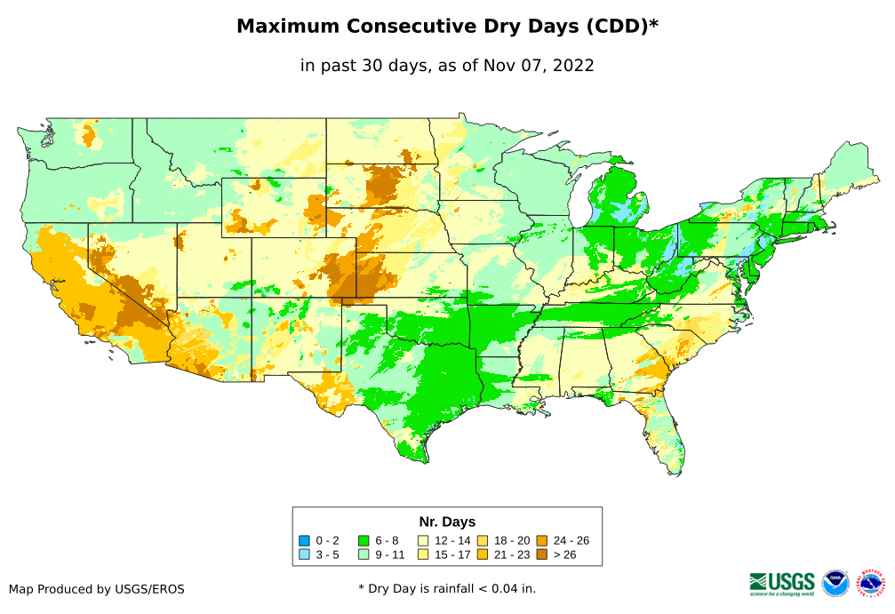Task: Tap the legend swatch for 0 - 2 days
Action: click(x=304, y=540)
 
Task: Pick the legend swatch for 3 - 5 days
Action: click(x=304, y=554)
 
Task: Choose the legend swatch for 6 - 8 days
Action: click(x=364, y=540)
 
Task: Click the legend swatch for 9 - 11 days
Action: click(x=364, y=554)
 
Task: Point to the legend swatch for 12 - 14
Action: click(x=424, y=540)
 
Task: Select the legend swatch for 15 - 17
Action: click(x=424, y=554)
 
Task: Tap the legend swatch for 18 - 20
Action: click(x=483, y=540)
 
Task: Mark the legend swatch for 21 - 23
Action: click(x=483, y=554)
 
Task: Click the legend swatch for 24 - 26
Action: click(x=542, y=540)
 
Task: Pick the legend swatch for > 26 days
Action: click(x=542, y=554)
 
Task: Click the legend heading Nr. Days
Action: click(x=447, y=522)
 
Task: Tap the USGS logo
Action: click(x=782, y=582)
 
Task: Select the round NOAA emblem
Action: click(x=835, y=583)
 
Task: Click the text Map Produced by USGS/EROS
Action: click(x=97, y=589)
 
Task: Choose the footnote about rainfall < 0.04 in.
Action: click(x=447, y=588)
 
